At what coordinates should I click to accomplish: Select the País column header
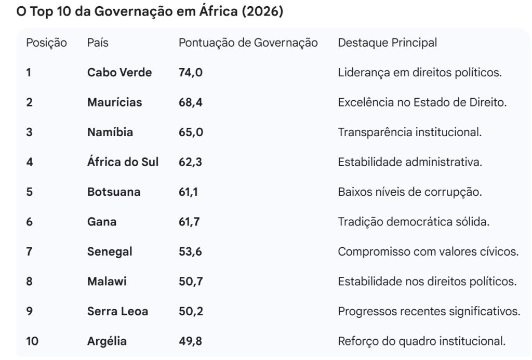pos(98,43)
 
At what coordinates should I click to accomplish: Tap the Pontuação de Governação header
pos(248,43)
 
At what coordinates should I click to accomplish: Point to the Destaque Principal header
pos(387,43)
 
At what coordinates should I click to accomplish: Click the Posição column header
pos(46,43)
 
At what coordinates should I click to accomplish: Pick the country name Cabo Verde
pos(119,73)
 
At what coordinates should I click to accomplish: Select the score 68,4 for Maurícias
pos(190,102)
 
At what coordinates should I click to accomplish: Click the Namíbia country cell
pos(110,132)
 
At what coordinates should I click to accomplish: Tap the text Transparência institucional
pos(409,132)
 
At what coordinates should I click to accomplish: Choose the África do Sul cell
pos(123,162)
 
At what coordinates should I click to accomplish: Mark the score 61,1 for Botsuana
pos(188,192)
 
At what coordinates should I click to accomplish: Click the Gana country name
pos(102,222)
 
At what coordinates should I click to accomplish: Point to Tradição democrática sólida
pos(414,222)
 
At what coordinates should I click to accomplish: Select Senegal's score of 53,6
pos(190,252)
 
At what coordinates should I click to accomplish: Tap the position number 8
pos(29,282)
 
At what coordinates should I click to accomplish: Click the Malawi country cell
pos(107,282)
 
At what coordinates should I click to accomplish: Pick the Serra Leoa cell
pos(117,312)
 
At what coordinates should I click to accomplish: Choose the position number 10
pos(32,342)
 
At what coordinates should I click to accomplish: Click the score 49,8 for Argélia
pos(190,342)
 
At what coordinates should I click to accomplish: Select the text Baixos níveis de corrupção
pos(410,192)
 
